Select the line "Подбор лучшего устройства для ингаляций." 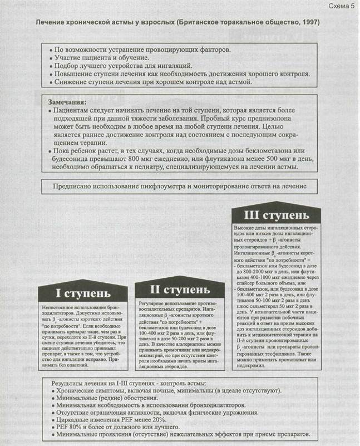123,65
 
